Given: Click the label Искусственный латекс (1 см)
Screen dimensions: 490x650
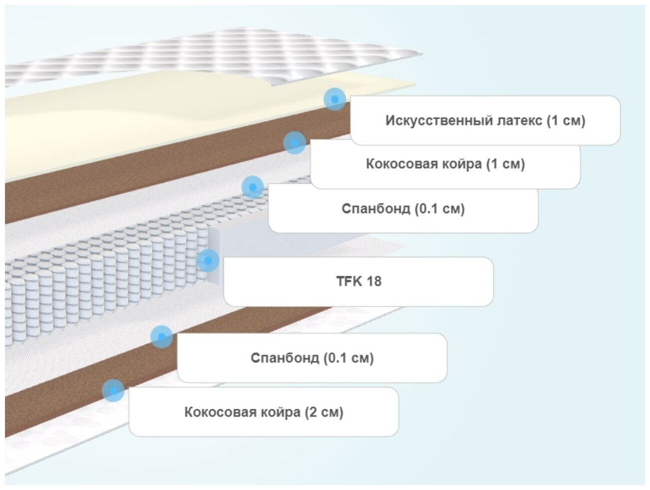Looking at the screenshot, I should click(485, 120).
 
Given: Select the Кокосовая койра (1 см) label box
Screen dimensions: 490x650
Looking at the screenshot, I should click(445, 164).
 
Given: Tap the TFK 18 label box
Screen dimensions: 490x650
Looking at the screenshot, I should click(358, 281).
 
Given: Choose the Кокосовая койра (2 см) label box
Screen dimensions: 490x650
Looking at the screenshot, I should click(264, 412).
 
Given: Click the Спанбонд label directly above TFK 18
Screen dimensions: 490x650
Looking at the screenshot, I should click(403, 208).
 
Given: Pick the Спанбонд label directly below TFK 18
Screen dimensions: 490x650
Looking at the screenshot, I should click(312, 358).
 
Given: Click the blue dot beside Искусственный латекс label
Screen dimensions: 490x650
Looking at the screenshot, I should click(334, 99).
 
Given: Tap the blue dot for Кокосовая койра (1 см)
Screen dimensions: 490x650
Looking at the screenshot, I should click(295, 143).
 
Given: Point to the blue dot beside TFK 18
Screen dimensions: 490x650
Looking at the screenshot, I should click(208, 260).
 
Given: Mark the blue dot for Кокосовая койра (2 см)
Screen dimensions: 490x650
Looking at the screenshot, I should click(113, 390).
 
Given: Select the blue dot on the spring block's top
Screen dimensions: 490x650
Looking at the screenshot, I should click(253, 187).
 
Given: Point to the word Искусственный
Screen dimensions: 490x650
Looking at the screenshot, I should click(439, 120).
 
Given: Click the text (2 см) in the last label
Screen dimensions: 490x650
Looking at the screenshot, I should click(324, 412).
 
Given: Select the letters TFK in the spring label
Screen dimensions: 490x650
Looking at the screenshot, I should click(347, 281).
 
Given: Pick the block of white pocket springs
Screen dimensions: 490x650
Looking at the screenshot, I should click(100, 279).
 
